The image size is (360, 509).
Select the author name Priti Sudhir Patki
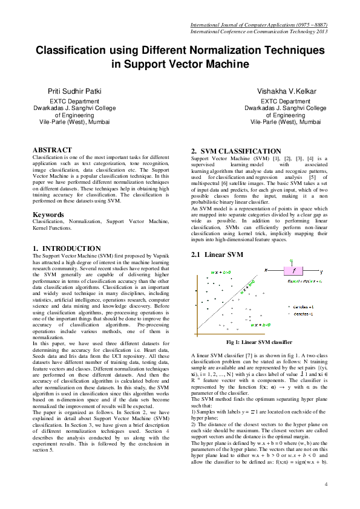74,91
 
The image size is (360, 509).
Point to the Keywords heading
48,215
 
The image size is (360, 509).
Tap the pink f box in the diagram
294,271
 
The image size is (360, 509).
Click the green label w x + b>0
220,273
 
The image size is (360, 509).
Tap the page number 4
326,484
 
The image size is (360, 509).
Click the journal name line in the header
259,25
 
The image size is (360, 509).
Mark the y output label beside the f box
321,271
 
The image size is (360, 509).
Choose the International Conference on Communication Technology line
259,31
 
